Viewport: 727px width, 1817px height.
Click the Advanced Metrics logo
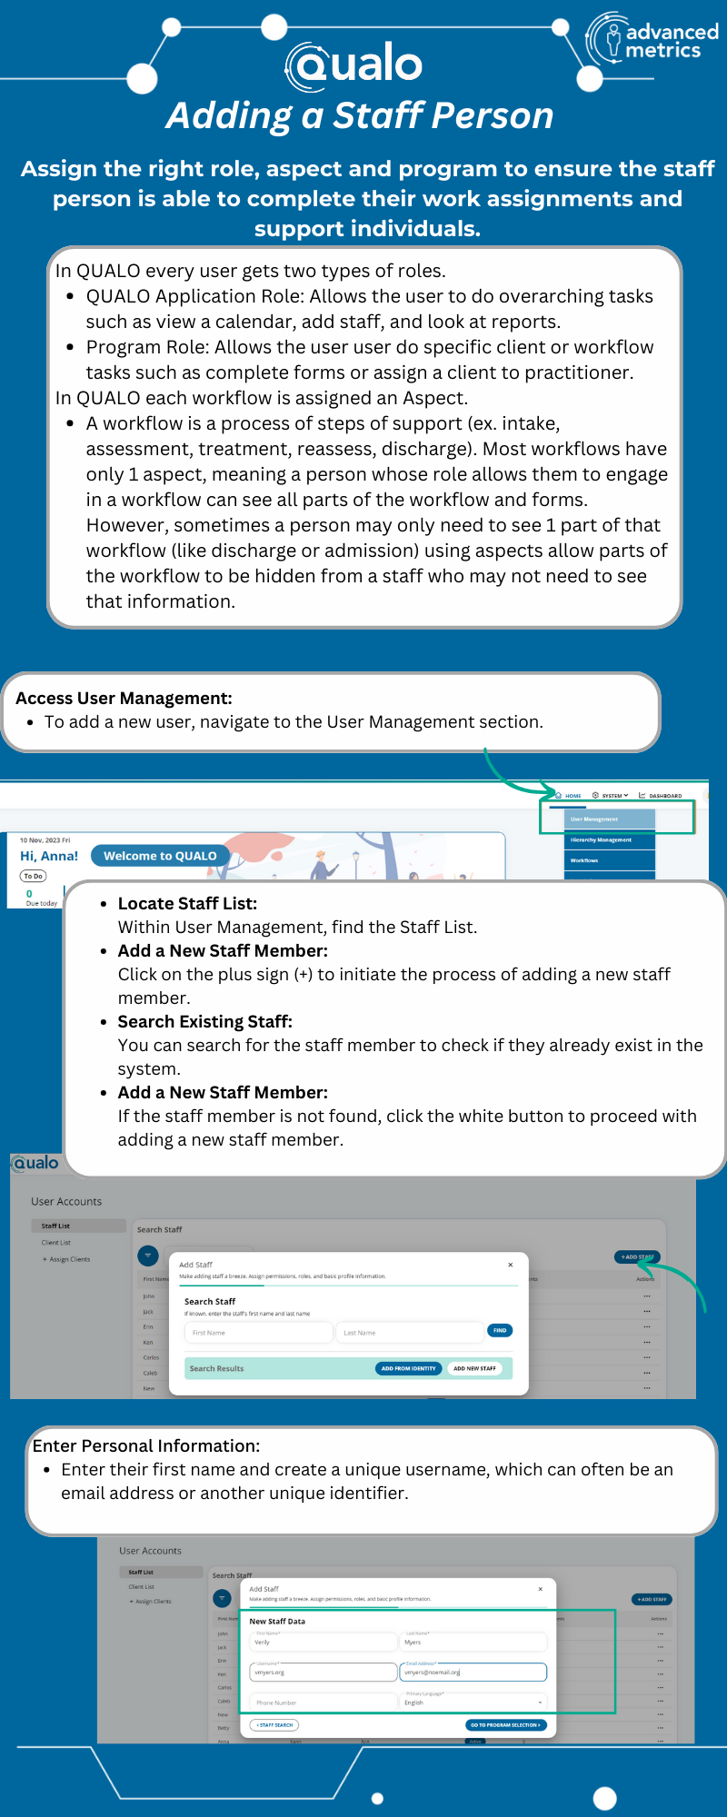(x=652, y=41)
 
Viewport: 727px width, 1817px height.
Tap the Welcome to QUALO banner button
(x=160, y=856)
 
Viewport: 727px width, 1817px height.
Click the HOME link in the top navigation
(x=571, y=796)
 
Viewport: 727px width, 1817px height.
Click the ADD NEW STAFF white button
(x=474, y=1368)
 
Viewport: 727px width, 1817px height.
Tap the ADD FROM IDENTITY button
(x=408, y=1368)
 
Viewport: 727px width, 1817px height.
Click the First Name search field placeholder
(x=258, y=1333)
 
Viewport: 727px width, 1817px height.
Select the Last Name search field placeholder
(x=409, y=1333)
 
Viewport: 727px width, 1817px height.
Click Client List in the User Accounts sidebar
(x=56, y=1243)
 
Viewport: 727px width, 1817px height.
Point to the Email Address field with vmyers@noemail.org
(x=473, y=1672)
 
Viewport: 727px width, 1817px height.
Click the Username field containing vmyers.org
(x=323, y=1672)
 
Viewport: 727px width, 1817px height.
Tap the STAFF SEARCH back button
(x=274, y=1724)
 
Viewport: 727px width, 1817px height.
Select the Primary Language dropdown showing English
(x=473, y=1702)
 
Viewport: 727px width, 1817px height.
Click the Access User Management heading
(x=124, y=699)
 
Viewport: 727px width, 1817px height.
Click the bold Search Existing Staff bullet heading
(x=204, y=1022)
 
